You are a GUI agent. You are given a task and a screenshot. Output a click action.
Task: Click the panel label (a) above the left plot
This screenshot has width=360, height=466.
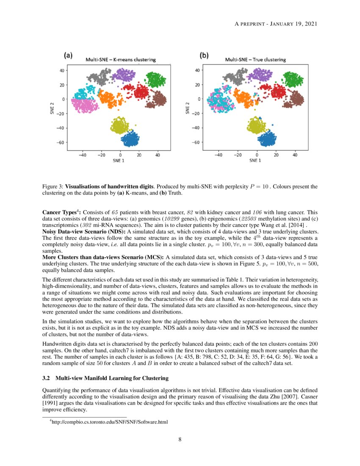coord(68,55)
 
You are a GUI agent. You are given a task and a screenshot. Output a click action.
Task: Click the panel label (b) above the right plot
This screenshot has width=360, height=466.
coord(204,55)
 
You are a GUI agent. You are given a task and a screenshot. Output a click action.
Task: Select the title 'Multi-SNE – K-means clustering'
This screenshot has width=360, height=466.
coord(121,60)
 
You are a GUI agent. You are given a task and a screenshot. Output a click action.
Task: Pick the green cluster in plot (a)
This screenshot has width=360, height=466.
coord(155,80)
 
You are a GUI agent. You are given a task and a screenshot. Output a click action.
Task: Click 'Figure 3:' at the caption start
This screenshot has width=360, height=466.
coord(53,186)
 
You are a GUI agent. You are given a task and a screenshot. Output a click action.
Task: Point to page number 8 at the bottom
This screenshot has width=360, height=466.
coord(180,439)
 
